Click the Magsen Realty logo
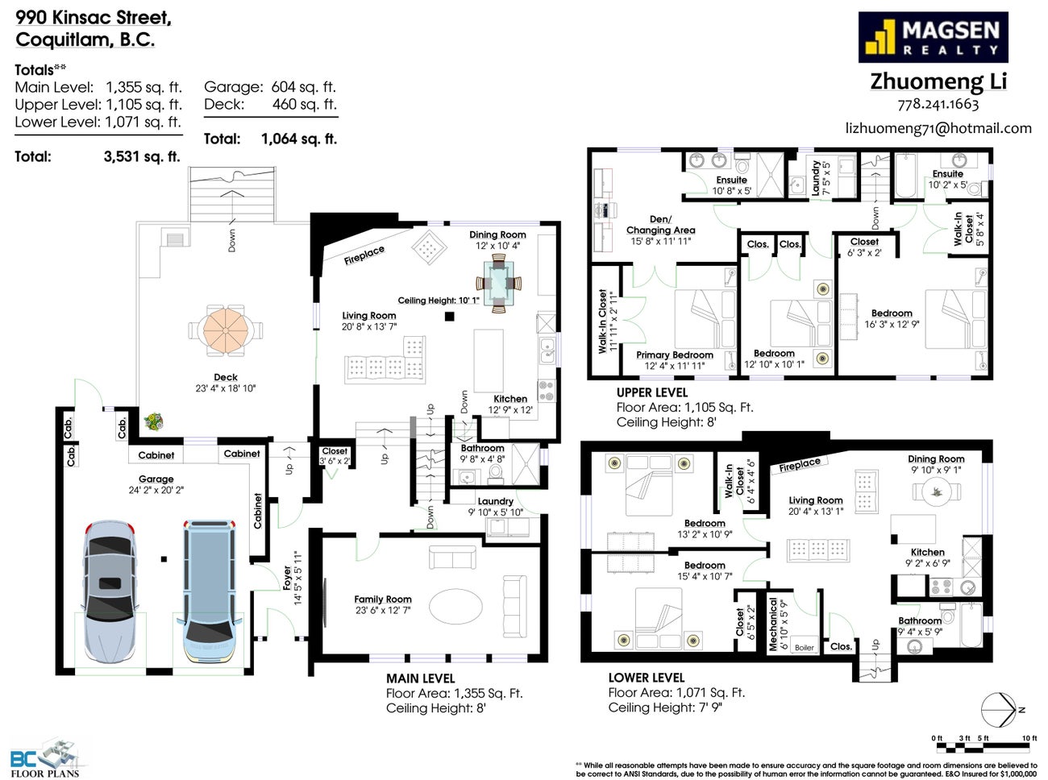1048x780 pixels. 933,37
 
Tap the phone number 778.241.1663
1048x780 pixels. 938,104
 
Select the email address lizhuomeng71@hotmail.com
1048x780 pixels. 938,128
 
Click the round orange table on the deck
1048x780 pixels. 226,329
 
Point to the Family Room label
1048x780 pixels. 383,599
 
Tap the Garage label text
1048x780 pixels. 156,479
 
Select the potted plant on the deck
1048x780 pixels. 153,421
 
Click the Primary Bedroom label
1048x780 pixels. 675,355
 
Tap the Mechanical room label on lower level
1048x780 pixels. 773,623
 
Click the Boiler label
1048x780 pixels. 804,647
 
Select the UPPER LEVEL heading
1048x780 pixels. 651,392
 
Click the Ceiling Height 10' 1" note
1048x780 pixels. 438,301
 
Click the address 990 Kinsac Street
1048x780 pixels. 94,18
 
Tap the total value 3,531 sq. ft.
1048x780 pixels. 141,156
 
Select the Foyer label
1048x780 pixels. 288,577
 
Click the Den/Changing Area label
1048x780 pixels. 660,225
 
